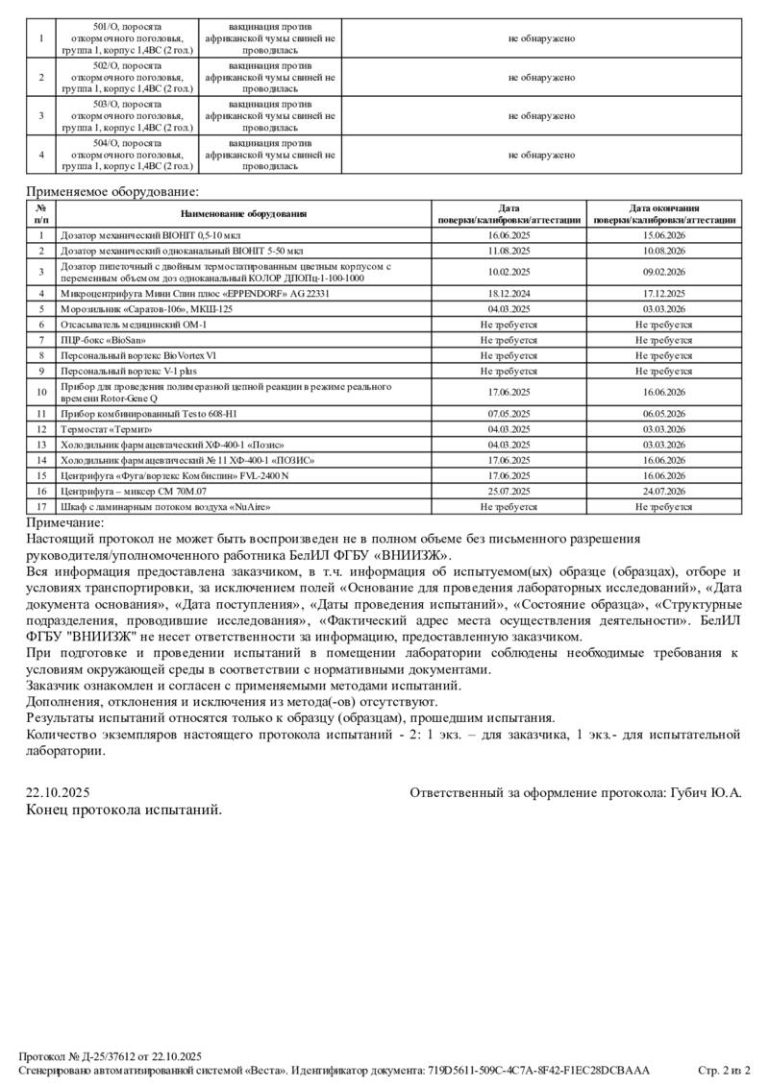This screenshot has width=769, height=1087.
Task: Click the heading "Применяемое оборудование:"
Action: pyautogui.click(x=112, y=192)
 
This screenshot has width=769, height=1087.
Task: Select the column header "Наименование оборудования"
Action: pyautogui.click(x=241, y=213)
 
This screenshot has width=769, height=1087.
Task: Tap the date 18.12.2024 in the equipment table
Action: pyautogui.click(x=509, y=293)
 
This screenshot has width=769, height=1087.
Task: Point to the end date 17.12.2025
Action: pyautogui.click(x=664, y=293)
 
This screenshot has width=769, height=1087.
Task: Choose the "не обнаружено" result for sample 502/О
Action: pyautogui.click(x=541, y=77)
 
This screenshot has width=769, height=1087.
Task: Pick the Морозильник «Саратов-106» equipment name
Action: pyautogui.click(x=146, y=309)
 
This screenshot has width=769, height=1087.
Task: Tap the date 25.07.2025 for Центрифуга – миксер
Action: pyautogui.click(x=509, y=491)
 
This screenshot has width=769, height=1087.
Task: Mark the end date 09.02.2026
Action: pyautogui.click(x=664, y=272)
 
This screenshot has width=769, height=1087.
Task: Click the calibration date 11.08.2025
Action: pyautogui.click(x=509, y=251)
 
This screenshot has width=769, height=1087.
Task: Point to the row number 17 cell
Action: pyautogui.click(x=41, y=506)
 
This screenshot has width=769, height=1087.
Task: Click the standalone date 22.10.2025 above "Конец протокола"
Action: pyautogui.click(x=58, y=793)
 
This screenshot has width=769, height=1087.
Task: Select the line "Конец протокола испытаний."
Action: pyautogui.click(x=124, y=809)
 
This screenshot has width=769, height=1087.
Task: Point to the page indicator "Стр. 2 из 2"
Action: pyautogui.click(x=723, y=1070)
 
